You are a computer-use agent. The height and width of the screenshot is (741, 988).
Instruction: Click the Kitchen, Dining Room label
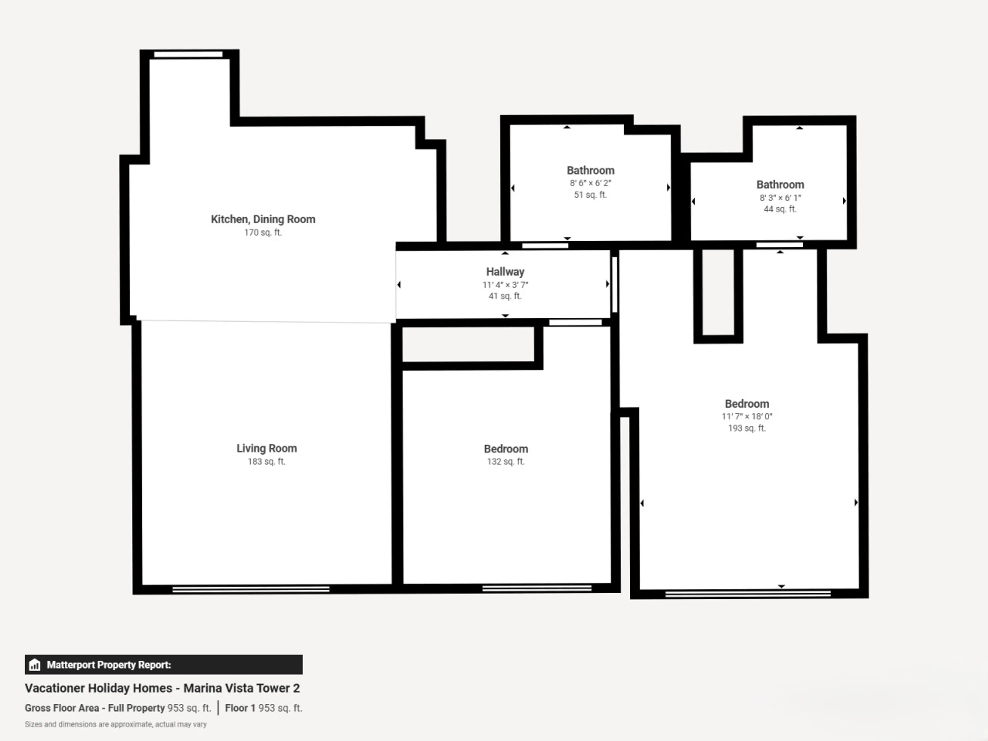[263, 219]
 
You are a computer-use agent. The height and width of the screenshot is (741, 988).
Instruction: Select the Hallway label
[505, 271]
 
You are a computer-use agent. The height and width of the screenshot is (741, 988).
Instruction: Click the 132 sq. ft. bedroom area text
[506, 461]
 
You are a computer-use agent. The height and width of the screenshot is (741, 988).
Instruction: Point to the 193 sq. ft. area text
[747, 428]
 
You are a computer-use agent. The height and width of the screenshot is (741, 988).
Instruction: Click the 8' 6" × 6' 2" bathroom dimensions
[590, 183]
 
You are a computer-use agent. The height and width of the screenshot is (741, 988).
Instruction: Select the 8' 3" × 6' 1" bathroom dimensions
[780, 197]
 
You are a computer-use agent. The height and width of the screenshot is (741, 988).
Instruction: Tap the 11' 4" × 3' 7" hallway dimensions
[505, 285]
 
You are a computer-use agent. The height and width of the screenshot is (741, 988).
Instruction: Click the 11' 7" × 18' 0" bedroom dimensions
[747, 416]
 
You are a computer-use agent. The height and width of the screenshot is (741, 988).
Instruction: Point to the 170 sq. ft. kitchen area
[263, 232]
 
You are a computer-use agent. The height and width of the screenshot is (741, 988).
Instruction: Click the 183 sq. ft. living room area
[267, 461]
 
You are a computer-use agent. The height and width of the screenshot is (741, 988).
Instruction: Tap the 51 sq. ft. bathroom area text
[590, 195]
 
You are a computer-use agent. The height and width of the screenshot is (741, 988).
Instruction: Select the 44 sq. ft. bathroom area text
[780, 209]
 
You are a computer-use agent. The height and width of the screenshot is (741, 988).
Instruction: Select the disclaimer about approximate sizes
[116, 725]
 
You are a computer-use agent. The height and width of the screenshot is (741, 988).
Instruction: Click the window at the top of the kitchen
[188, 55]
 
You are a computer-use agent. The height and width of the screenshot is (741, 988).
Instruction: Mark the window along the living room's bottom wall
[251, 590]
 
